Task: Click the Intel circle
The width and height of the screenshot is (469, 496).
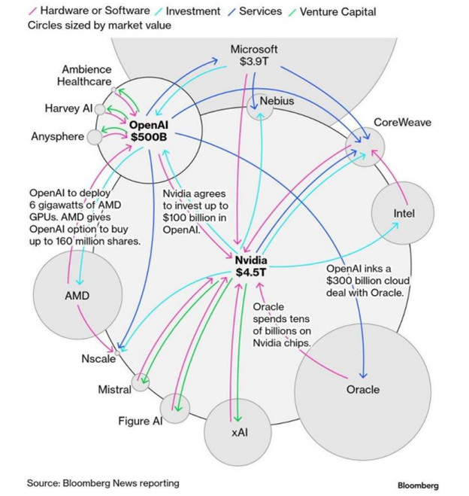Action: [x=404, y=215]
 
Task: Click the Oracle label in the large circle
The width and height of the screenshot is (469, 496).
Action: [x=363, y=389]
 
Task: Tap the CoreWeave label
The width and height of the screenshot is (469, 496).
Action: [x=403, y=122]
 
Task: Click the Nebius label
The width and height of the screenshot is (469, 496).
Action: [x=277, y=100]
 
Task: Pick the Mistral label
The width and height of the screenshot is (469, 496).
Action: [x=114, y=389]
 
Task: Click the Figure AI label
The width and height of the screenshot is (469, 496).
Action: [x=140, y=421]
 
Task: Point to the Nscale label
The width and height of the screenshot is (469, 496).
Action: [x=98, y=358]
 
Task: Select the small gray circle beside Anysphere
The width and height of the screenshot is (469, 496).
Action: [x=95, y=138]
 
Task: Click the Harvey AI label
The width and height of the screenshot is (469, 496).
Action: [x=68, y=109]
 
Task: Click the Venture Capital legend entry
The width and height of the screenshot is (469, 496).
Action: [x=339, y=11]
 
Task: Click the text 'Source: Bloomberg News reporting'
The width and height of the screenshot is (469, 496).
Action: [x=103, y=482]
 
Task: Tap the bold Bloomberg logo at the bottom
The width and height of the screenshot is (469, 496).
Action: [x=418, y=485]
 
